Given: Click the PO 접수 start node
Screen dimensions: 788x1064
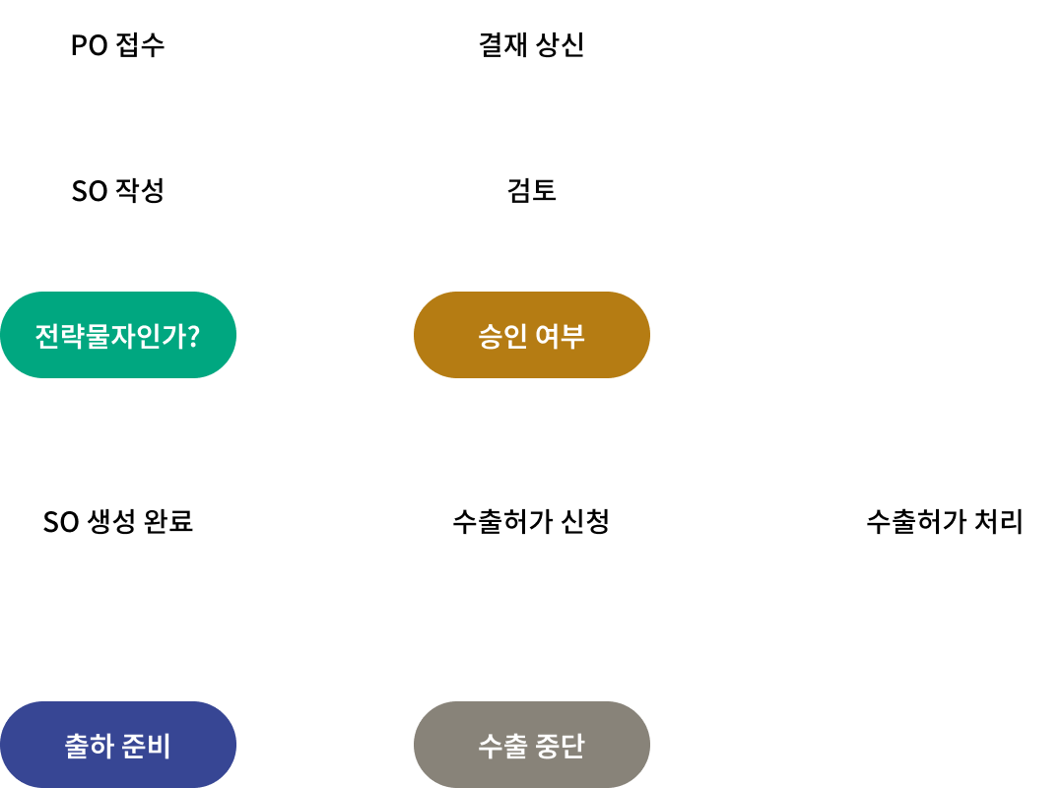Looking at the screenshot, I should pyautogui.click(x=118, y=43).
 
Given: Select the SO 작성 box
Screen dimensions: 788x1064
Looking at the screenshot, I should pyautogui.click(x=118, y=189).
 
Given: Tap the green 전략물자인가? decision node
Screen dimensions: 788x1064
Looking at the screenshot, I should pyautogui.click(x=118, y=335).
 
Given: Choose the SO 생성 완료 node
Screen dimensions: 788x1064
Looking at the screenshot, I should pyautogui.click(x=118, y=520).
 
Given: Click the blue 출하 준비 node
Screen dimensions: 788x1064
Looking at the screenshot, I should pyautogui.click(x=118, y=745).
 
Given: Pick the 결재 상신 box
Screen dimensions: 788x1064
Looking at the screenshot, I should pyautogui.click(x=532, y=43).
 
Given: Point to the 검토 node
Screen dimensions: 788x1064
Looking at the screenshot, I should pyautogui.click(x=532, y=189).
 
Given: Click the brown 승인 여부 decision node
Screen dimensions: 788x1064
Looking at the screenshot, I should pyautogui.click(x=532, y=335).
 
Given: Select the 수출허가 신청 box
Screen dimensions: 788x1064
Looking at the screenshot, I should pyautogui.click(x=532, y=520).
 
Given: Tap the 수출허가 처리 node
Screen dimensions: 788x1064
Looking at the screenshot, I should pyautogui.click(x=946, y=520).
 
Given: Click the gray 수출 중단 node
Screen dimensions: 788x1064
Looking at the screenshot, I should pyautogui.click(x=532, y=745).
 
